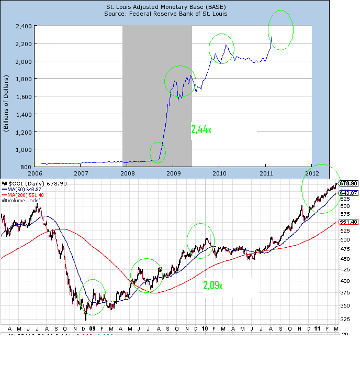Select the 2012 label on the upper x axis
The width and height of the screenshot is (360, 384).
coord(312,172)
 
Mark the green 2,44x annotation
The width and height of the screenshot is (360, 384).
coord(201,129)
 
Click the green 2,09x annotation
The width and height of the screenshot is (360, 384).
coord(213,286)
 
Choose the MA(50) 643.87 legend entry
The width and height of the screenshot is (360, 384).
coord(24,189)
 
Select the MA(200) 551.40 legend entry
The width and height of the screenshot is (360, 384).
coord(25,194)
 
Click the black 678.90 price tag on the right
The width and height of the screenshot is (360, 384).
coord(348,183)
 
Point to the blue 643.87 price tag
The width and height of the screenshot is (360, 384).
coord(348,193)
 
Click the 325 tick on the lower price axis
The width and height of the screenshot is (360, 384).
coord(345,319)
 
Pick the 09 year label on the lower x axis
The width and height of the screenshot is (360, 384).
coord(92,328)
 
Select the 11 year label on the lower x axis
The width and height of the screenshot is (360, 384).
coord(318,328)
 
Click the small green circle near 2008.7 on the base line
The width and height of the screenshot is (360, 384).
coord(157,152)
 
